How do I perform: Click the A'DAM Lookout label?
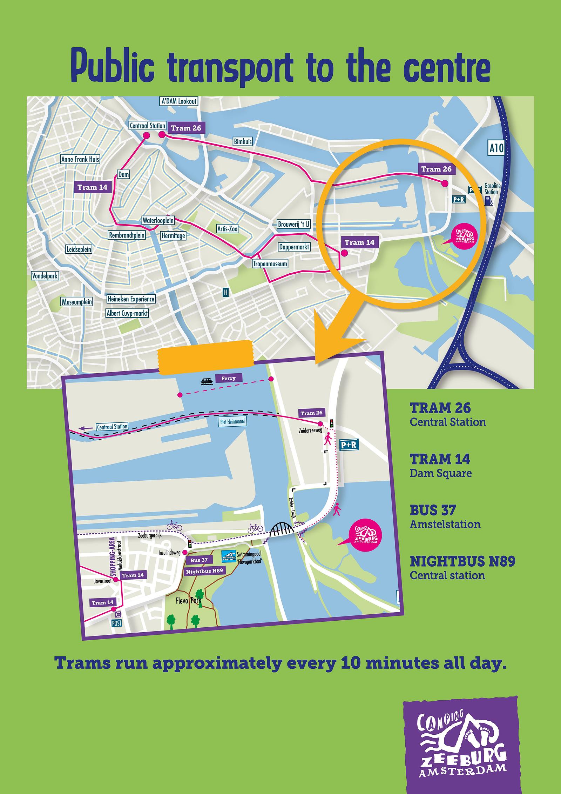[x=178, y=101]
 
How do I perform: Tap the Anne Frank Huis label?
[x=80, y=159]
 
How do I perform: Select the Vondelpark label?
[x=45, y=276]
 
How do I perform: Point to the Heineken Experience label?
[x=131, y=299]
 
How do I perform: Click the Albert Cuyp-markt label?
[x=127, y=313]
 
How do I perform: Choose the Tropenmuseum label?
[x=270, y=264]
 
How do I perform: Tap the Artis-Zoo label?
[x=227, y=229]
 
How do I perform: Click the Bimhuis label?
[x=243, y=142]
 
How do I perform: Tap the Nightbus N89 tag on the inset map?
[x=204, y=571]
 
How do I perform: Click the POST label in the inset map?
[x=117, y=622]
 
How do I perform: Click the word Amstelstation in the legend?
[x=445, y=525]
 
